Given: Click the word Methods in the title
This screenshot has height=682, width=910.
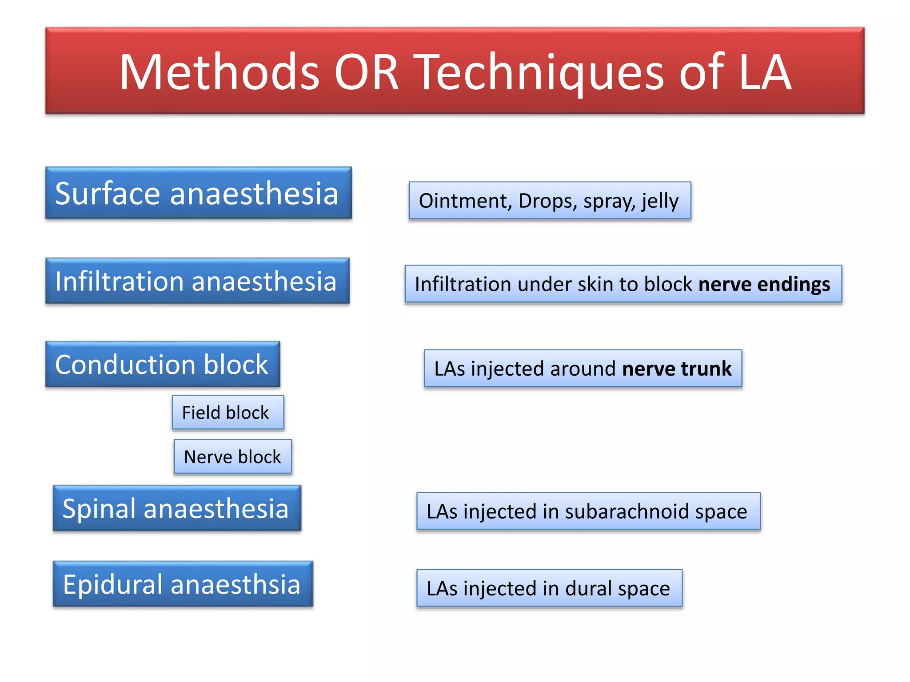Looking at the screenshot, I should tap(219, 72).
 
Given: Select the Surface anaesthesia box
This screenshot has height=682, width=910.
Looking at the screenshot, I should tap(198, 193).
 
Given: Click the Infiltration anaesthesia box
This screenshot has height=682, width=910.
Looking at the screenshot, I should tap(197, 281).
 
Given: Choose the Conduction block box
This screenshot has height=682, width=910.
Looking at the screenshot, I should tap(162, 365).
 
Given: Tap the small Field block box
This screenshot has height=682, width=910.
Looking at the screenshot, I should tap(227, 412).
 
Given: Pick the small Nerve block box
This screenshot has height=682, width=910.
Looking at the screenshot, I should tap(233, 457).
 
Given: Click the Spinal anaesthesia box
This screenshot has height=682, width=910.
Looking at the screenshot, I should tap(177, 508).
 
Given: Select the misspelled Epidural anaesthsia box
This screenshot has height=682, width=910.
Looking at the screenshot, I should tap(183, 584).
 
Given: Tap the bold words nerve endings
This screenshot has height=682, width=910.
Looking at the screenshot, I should tap(764, 284).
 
